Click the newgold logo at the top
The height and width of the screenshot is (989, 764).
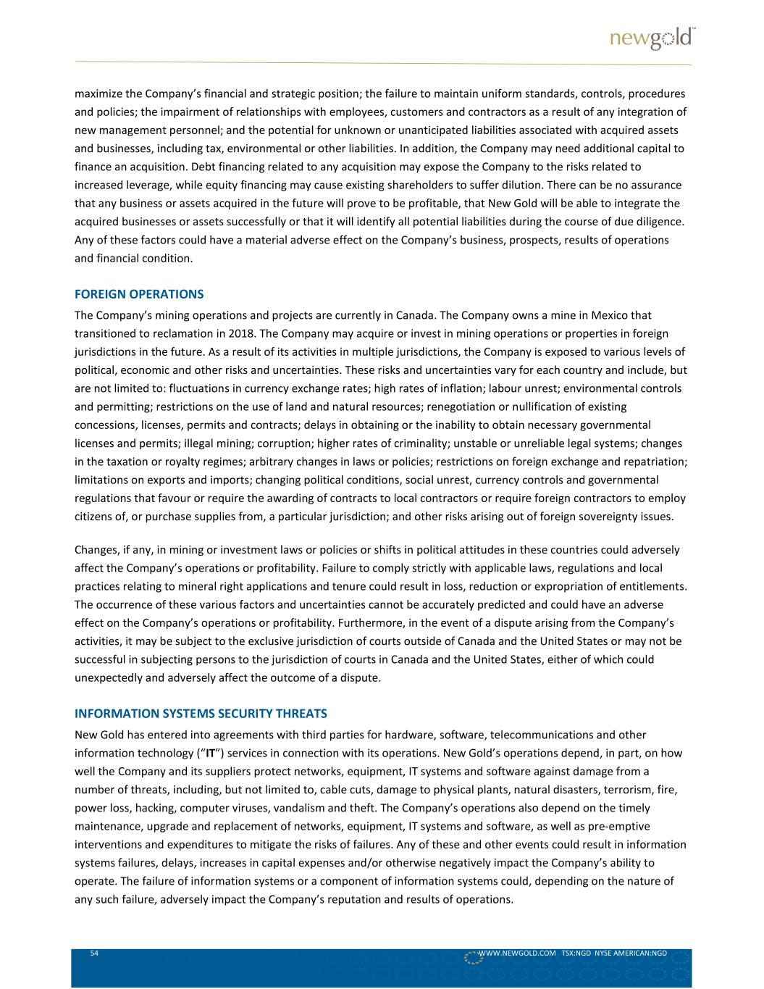[x=651, y=38]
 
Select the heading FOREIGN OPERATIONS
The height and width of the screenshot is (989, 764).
[x=139, y=294]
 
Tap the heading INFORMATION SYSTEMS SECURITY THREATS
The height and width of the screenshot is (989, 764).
[x=201, y=714]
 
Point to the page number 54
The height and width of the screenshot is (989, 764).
[x=94, y=953]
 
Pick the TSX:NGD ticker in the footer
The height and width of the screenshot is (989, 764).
[x=576, y=953]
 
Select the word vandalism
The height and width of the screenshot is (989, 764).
[x=286, y=807]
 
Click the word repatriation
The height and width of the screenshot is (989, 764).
[x=655, y=461]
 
